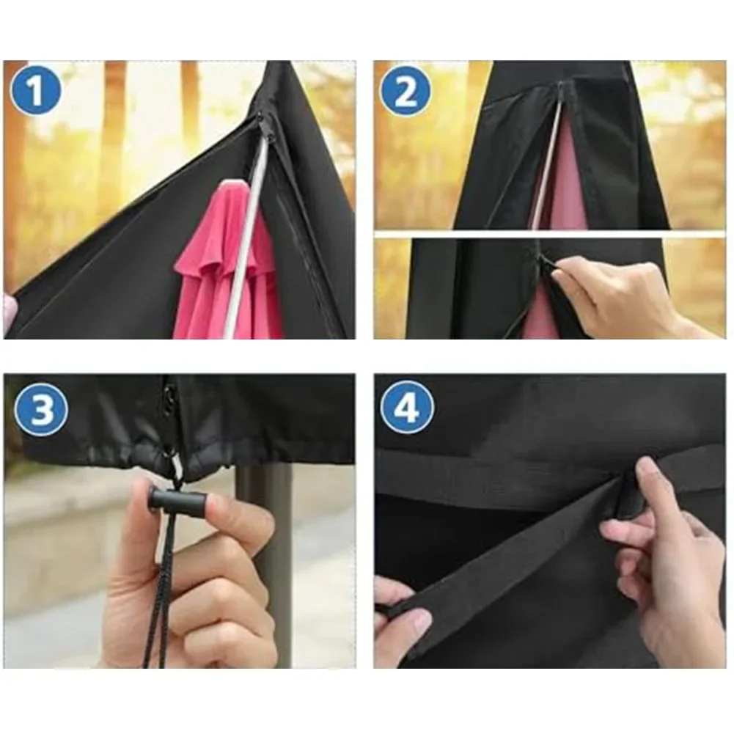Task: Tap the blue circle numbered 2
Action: tap(405, 91)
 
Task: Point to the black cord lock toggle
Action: tap(177, 502)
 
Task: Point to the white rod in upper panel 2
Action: tap(546, 169)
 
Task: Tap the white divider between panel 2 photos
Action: tap(550, 234)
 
